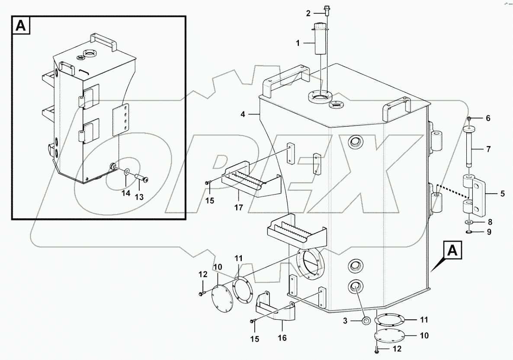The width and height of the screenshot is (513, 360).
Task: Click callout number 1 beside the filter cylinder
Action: tap(298, 43)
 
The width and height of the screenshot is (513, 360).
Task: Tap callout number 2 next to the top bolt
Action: tap(308, 13)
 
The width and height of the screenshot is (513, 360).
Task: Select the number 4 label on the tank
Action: tap(243, 115)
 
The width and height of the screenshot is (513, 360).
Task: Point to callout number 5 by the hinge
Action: tap(502, 194)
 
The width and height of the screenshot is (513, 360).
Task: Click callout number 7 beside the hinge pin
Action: tap(488, 150)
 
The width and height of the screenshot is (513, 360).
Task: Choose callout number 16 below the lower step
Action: tap(282, 338)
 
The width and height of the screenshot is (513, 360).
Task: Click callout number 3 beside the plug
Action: tap(345, 320)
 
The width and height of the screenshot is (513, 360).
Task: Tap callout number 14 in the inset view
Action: tap(125, 194)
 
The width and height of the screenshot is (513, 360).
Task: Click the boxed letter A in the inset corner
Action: tap(21, 26)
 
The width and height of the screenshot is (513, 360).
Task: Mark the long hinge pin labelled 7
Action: tap(469, 147)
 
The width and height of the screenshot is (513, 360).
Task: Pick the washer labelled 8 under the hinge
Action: tap(469, 222)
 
